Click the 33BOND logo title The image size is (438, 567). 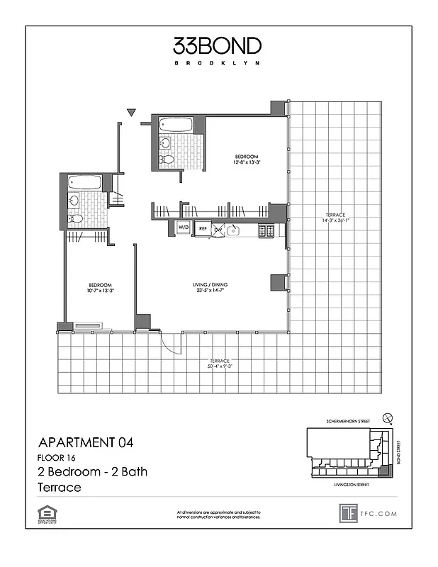coord(218,46)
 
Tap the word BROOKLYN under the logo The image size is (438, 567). coord(218,62)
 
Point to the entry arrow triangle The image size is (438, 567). coord(131,112)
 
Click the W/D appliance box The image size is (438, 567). coord(184,228)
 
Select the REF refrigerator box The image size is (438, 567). coord(203,229)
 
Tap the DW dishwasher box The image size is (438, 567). coord(218,229)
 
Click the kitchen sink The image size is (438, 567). coord(233,230)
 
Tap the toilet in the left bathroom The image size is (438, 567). coord(75,218)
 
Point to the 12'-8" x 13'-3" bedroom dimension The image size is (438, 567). coord(246,162)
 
